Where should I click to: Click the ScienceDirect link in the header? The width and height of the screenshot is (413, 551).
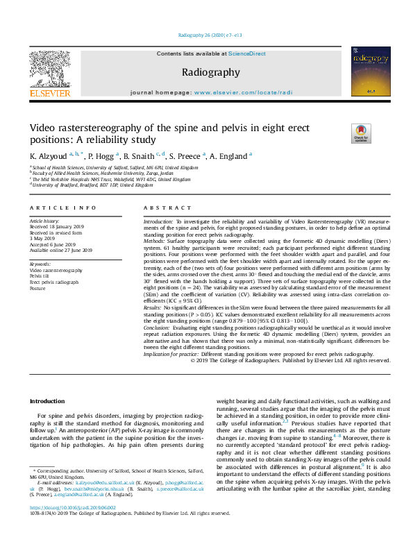tap(248, 54)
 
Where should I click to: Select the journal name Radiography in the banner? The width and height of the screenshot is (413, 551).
tap(211, 72)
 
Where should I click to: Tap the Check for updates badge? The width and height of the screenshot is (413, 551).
tap(362, 133)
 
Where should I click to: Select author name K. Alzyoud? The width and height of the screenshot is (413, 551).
tap(51, 156)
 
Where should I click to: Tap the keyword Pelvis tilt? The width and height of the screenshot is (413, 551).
tap(41, 275)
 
